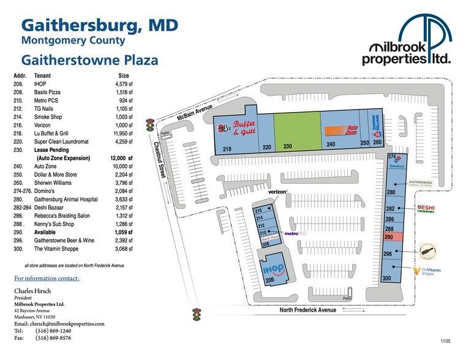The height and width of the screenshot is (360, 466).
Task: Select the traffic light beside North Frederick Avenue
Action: [197, 315]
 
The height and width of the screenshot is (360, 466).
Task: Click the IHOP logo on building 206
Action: [272, 270]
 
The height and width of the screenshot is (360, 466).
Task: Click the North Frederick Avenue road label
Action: [308, 310]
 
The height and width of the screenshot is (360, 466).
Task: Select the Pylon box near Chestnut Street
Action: [165, 134]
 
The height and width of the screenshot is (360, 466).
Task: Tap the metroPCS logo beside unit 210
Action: [291, 233]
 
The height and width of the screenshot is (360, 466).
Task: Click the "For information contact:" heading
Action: [47, 279]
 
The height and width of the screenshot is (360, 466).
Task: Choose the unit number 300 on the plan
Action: [386, 279]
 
